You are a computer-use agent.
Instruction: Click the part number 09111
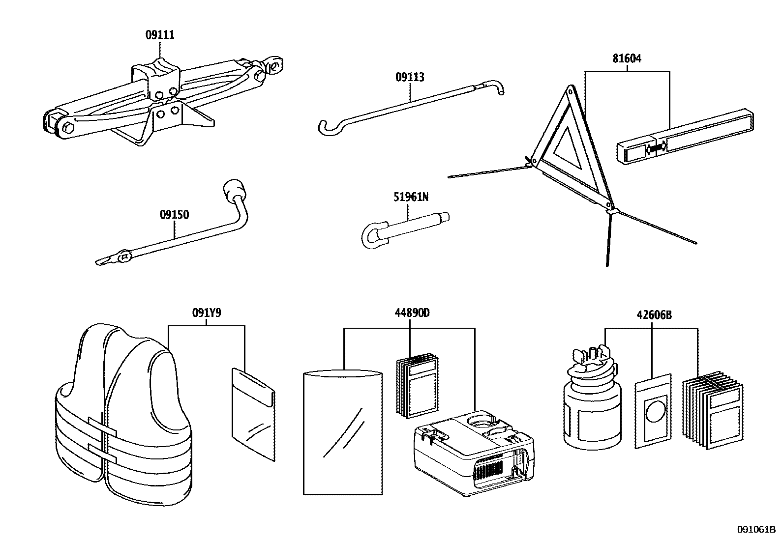point(160,35)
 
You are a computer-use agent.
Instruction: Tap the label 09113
point(410,77)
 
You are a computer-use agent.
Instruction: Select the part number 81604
point(627,59)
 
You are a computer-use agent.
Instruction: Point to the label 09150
point(174,215)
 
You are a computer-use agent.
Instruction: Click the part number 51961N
point(411,197)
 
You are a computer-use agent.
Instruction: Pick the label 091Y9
point(206,313)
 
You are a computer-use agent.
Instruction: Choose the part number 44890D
point(412,313)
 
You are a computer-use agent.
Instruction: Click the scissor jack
point(148,103)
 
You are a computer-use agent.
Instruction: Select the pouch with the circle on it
point(653,411)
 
